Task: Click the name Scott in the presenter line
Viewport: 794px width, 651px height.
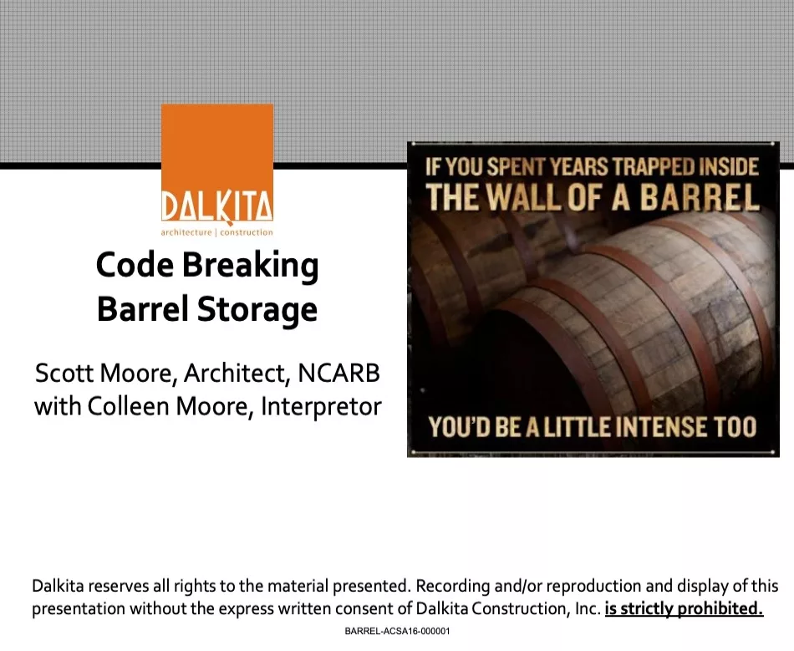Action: [x=62, y=373]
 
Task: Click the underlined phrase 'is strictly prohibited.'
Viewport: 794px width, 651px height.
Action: [x=684, y=608]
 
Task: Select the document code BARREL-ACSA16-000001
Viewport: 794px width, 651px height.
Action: [x=397, y=631]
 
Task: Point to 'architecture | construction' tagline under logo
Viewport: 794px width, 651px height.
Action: [x=217, y=232]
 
